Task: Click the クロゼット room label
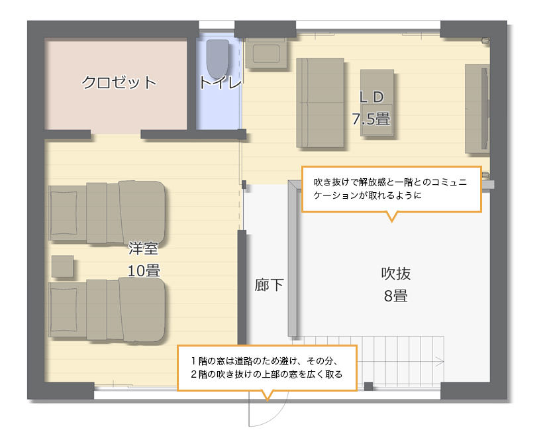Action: click(x=119, y=82)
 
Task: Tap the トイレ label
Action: click(x=221, y=83)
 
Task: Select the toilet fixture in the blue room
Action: click(x=218, y=59)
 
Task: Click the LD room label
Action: click(x=372, y=97)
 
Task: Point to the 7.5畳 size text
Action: click(x=371, y=119)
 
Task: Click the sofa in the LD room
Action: click(x=321, y=103)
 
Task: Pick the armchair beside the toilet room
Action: click(x=266, y=53)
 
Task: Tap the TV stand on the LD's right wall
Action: click(x=477, y=109)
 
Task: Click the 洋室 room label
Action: click(x=144, y=248)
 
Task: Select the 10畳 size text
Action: click(x=144, y=271)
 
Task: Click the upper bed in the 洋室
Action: click(x=107, y=212)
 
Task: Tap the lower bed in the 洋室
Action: click(x=107, y=310)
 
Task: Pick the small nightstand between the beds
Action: click(x=63, y=266)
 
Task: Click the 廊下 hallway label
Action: click(x=269, y=285)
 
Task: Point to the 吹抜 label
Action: click(x=396, y=274)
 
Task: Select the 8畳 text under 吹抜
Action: click(x=396, y=296)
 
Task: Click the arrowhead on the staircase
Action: click(x=440, y=362)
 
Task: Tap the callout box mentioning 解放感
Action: click(x=391, y=190)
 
